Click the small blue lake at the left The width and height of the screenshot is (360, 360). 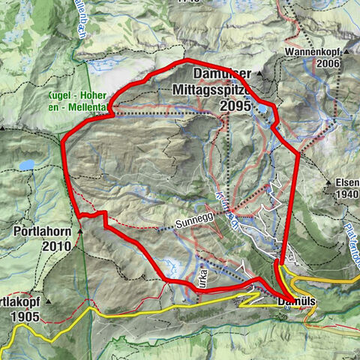27,164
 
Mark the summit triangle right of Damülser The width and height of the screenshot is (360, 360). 258,73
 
